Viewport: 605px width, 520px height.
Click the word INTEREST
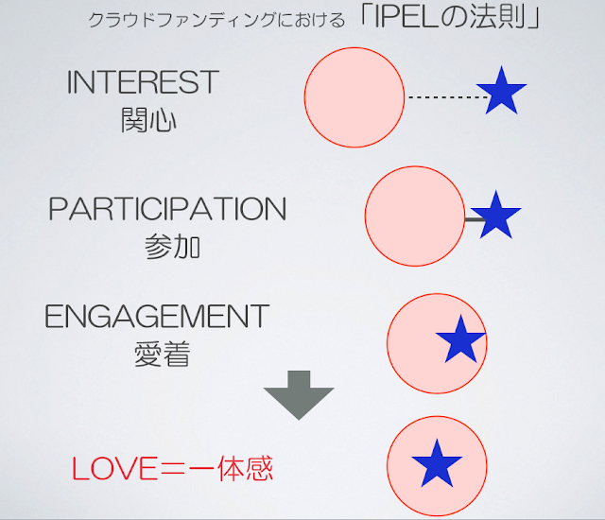pos(143,81)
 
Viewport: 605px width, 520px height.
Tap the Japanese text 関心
pos(148,120)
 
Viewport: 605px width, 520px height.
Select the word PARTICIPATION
pos(167,209)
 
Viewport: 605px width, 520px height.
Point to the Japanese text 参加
pos(172,246)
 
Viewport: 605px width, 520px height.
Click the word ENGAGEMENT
pos(157,316)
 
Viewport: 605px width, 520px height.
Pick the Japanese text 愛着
pos(162,354)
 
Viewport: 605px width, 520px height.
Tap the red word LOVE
pos(113,469)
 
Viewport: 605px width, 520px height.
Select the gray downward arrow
pos(299,395)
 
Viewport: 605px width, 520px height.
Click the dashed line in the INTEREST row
pos(448,97)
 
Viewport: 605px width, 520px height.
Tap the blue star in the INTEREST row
pos(501,91)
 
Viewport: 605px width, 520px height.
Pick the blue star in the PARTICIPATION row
pos(495,216)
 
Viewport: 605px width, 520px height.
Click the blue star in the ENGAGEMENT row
pos(460,339)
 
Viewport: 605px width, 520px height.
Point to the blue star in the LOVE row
pos(437,464)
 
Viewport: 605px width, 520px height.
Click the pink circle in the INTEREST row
pos(354,97)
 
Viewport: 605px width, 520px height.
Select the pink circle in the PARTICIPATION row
pos(415,216)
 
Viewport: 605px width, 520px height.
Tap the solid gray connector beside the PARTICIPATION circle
pos(475,220)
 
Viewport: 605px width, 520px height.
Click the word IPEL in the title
pos(406,17)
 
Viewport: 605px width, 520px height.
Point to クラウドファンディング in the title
pos(182,20)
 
